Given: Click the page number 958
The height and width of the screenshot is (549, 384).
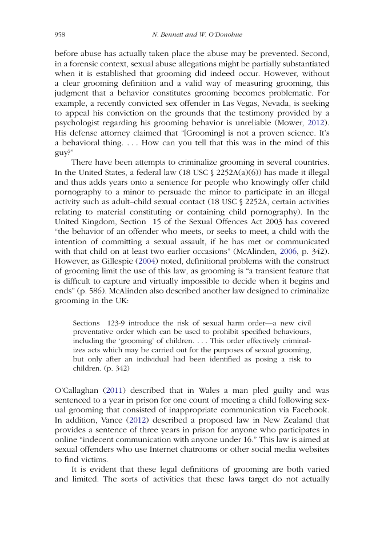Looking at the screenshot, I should (59, 34).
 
